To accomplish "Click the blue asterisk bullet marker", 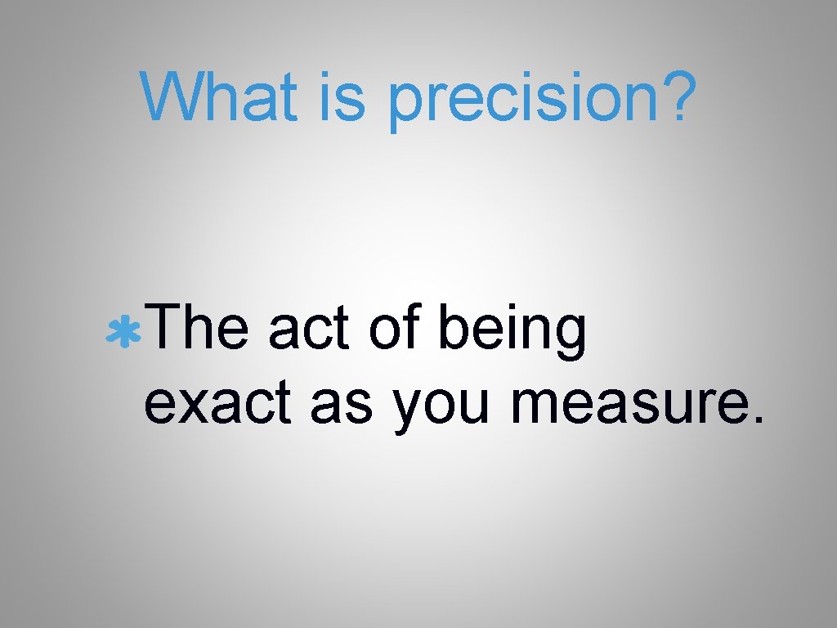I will (125, 333).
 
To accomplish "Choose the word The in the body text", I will (198, 330).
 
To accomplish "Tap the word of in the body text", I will (397, 330).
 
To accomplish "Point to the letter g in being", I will (570, 338).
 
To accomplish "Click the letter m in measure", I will (531, 404).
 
